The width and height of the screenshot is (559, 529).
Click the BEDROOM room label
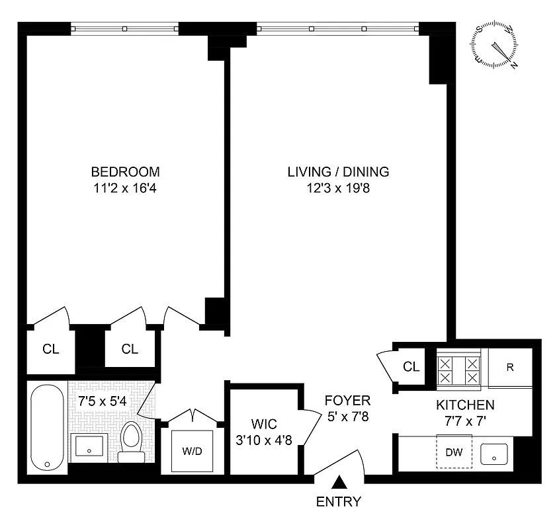click(x=126, y=172)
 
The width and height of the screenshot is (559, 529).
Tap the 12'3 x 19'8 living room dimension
click(x=338, y=188)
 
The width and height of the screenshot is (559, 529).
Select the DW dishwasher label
click(x=454, y=453)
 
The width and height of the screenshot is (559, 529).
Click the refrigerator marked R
click(x=510, y=368)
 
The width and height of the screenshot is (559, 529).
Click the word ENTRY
click(x=339, y=501)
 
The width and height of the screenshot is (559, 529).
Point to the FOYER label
click(x=347, y=401)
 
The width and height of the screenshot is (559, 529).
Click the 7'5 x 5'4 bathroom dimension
click(x=99, y=401)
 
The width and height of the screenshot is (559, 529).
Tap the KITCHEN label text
click(x=464, y=405)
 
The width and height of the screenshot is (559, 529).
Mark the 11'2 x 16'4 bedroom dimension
click(x=126, y=188)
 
